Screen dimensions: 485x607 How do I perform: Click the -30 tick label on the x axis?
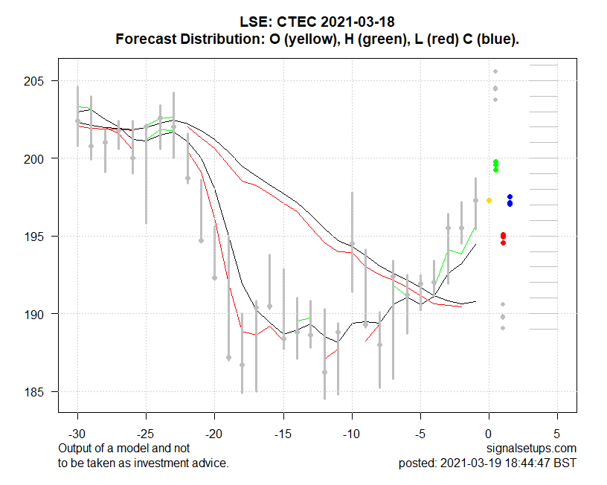pyautogui.click(x=77, y=433)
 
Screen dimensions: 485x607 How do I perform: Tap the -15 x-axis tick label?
pyautogui.click(x=283, y=433)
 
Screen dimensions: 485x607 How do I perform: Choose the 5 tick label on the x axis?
pyautogui.click(x=557, y=433)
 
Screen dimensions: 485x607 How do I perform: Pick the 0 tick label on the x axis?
pyautogui.click(x=489, y=433)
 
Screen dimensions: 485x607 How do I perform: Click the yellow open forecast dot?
pyautogui.click(x=489, y=200)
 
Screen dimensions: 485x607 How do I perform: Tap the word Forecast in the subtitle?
pyautogui.click(x=147, y=39)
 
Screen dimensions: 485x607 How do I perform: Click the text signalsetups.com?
pyautogui.click(x=531, y=449)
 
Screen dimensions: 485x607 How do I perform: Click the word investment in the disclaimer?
pyautogui.click(x=148, y=463)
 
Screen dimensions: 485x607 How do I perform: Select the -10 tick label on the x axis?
pyautogui.click(x=352, y=433)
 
